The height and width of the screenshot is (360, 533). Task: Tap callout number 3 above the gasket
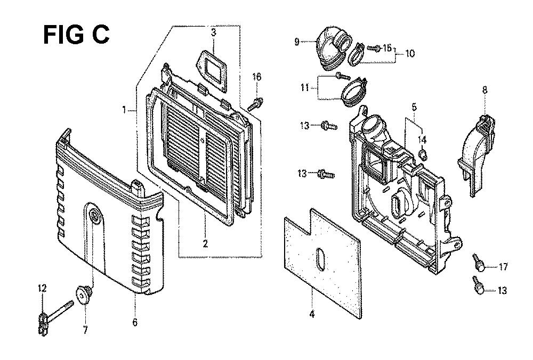[214, 32]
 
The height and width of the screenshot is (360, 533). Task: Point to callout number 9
[297, 42]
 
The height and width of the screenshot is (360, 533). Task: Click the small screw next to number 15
[375, 48]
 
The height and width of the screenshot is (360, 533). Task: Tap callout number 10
[410, 53]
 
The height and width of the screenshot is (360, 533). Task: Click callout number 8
[484, 90]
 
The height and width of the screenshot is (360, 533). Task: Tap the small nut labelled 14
[423, 154]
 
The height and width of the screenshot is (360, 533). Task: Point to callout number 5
[414, 108]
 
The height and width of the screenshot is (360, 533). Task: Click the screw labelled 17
[479, 262]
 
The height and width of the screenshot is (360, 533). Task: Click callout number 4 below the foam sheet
[312, 314]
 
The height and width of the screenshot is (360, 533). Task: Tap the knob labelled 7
[84, 295]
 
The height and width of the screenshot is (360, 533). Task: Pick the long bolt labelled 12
[54, 315]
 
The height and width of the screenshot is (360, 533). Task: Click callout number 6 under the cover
[135, 322]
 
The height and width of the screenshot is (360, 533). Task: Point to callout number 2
[205, 243]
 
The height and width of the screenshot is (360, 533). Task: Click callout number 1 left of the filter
[125, 109]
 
